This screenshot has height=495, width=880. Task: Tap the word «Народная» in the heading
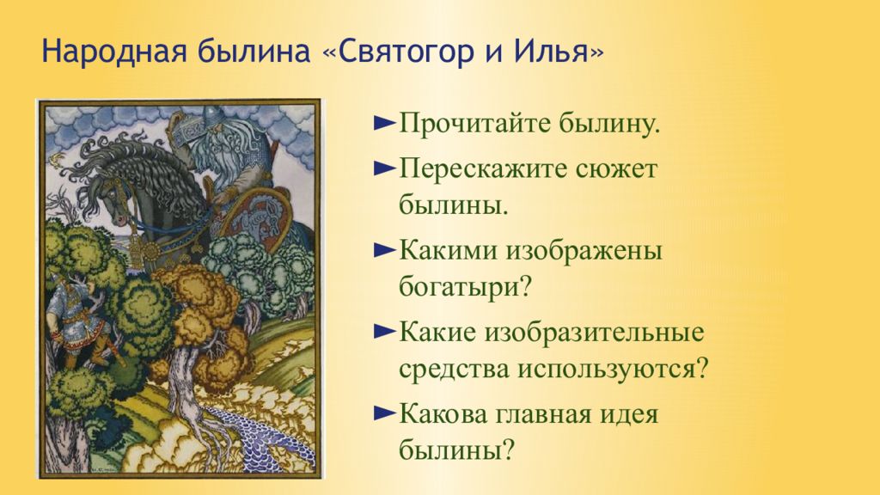click(113, 52)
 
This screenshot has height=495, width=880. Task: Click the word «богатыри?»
click(465, 288)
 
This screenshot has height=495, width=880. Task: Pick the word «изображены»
click(584, 252)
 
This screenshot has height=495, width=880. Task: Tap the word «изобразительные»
click(595, 333)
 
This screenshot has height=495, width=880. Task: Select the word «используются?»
click(613, 370)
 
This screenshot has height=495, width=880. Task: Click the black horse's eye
click(115, 193)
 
